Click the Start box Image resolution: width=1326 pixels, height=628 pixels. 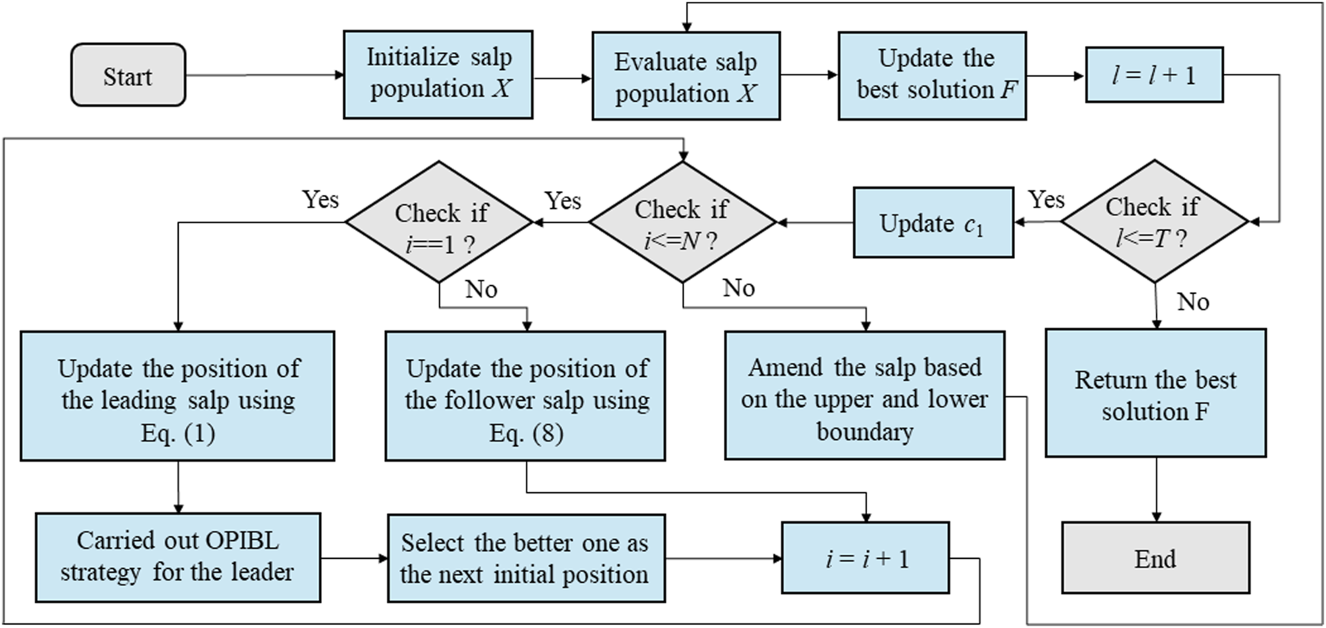tap(128, 75)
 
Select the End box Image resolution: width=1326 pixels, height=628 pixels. tap(1155, 559)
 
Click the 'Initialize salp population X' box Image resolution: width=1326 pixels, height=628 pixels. tap(438, 75)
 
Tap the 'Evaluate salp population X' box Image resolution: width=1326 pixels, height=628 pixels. tap(685, 76)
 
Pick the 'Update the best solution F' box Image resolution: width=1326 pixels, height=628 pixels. tap(932, 75)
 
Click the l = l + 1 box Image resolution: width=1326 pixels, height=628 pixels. tap(1154, 75)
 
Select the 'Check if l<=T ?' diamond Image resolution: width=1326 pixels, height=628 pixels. tap(1154, 222)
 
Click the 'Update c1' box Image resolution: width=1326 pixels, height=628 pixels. tap(933, 222)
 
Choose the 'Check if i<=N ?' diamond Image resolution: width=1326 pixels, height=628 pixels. tap(682, 222)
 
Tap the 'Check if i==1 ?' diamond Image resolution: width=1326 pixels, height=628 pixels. tap(439, 222)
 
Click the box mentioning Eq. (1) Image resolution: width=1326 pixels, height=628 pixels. tap(177, 396)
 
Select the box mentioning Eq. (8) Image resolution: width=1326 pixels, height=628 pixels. tap(526, 396)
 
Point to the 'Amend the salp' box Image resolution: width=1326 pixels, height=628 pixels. tap(864, 396)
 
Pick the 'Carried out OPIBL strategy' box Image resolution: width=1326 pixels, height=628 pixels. tap(177, 557)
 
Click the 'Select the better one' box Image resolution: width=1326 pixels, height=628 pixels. tap(526, 557)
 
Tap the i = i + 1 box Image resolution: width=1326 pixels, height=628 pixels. tap(866, 558)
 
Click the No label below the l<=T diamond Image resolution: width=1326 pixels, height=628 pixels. tap(1193, 302)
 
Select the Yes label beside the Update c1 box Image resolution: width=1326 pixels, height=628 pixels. tap(1046, 200)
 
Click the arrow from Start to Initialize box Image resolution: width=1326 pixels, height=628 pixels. tap(264, 75)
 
